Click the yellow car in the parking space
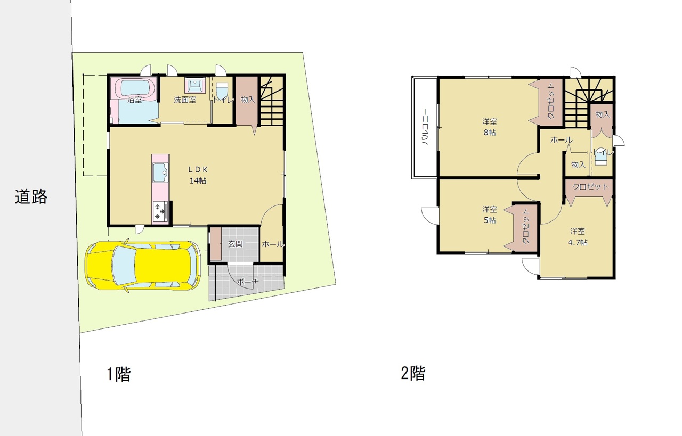pos(143,265)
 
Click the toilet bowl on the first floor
pos(222,90)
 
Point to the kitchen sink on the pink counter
pos(160,173)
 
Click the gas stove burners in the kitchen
pos(160,211)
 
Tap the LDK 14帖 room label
pos(198,175)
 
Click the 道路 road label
pos(31,196)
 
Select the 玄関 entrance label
pos(236,244)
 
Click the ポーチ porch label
pos(248,282)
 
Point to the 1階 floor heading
pos(119,374)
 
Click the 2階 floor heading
pos(413,373)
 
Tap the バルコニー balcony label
pos(425,127)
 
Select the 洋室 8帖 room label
pos(490,127)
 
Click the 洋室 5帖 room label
pos(490,215)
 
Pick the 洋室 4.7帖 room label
pos(578,237)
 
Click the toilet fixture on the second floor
pos(601,157)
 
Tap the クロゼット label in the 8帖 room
pos(550,101)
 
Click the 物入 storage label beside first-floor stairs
pos(247,100)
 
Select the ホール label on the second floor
pos(562,139)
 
